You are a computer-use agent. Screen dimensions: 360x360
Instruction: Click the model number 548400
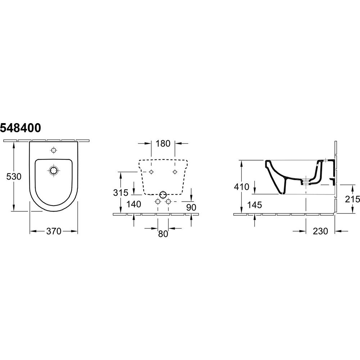21,128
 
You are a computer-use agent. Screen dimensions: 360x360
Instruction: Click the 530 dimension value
14,176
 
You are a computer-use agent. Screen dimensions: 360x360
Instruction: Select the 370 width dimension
54,231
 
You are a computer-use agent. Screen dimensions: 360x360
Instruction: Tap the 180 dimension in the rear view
163,144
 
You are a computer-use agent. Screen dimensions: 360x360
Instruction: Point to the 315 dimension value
121,193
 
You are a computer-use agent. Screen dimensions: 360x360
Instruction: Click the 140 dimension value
134,204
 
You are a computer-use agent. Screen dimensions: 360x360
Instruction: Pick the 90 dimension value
191,207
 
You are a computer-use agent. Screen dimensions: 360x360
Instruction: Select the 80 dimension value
163,234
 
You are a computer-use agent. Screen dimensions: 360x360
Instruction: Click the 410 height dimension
242,187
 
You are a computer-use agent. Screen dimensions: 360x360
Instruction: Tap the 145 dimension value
255,205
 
